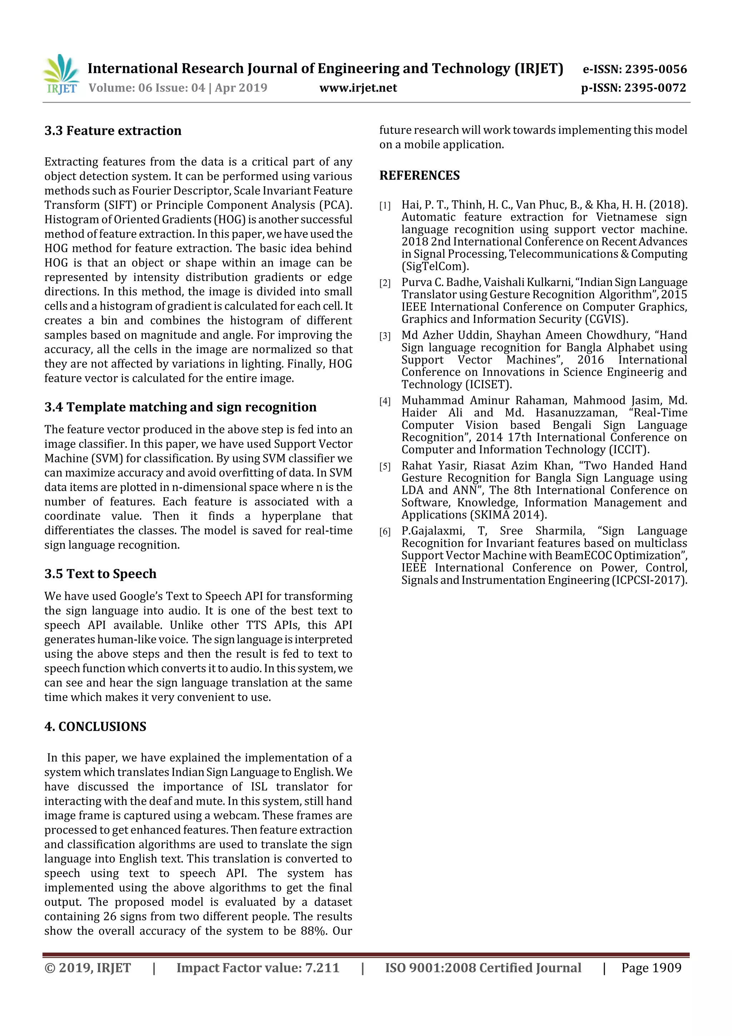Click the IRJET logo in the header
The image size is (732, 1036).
[62, 74]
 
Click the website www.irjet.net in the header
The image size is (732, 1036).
[358, 88]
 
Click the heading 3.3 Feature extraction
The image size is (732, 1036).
[113, 131]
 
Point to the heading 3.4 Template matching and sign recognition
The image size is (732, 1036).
[180, 407]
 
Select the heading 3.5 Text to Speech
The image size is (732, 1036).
[100, 574]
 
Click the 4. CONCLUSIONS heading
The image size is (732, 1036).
[95, 726]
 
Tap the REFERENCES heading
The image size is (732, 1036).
[420, 176]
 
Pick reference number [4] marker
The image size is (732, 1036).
[385, 402]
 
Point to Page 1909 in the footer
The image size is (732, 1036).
[651, 968]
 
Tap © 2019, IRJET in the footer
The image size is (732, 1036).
[88, 968]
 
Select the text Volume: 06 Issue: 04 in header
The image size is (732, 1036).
[147, 88]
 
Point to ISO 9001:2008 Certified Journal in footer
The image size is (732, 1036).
[483, 968]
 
